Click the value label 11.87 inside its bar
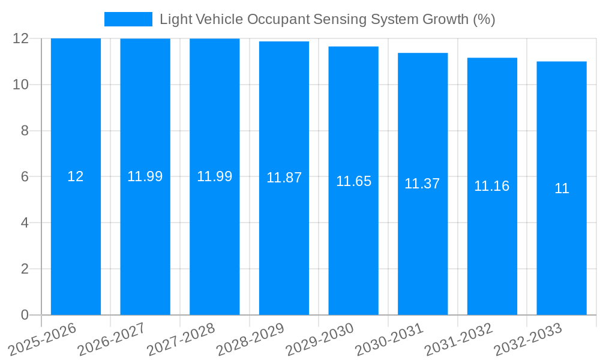pyautogui.click(x=284, y=178)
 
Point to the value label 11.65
pyautogui.click(x=353, y=181)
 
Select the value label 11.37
pyautogui.click(x=422, y=184)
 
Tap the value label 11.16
pyautogui.click(x=492, y=186)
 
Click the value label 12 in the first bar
pyautogui.click(x=76, y=176)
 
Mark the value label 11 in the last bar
pyautogui.click(x=562, y=188)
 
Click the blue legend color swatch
pyautogui.click(x=128, y=19)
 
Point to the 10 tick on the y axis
pyautogui.click(x=21, y=85)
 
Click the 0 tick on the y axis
pyautogui.click(x=25, y=315)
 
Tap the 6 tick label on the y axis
pyautogui.click(x=25, y=177)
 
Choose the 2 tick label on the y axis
pyautogui.click(x=25, y=269)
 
